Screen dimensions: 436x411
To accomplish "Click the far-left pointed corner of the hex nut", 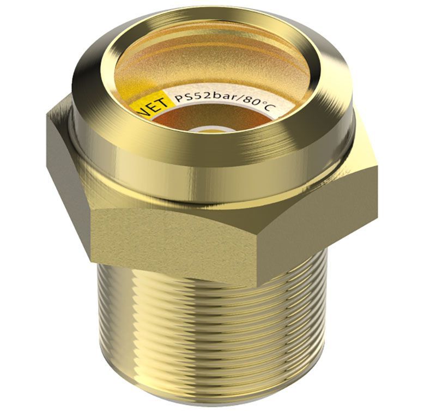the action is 47,113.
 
